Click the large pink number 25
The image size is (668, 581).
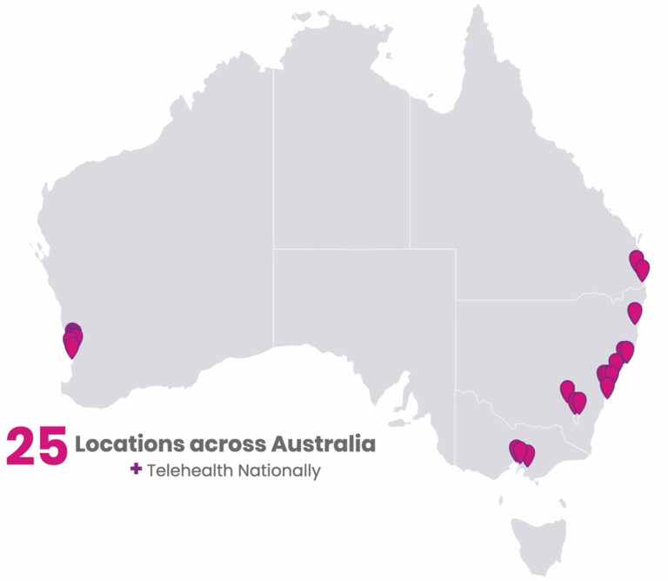(37, 445)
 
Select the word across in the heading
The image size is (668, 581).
(226, 444)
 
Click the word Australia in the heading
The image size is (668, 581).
(324, 444)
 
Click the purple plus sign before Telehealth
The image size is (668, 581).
(136, 470)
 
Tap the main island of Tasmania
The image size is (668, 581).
(538, 543)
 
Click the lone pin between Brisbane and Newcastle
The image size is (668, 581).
(635, 311)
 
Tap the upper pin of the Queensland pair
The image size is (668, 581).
(637, 259)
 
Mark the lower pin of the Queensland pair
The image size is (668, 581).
(643, 269)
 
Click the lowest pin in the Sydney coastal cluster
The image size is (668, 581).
(607, 387)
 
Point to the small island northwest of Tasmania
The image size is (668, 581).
(503, 499)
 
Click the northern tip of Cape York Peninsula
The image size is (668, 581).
(476, 10)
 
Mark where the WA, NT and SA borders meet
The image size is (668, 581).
(273, 249)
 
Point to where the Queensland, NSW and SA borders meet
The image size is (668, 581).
(455, 301)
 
